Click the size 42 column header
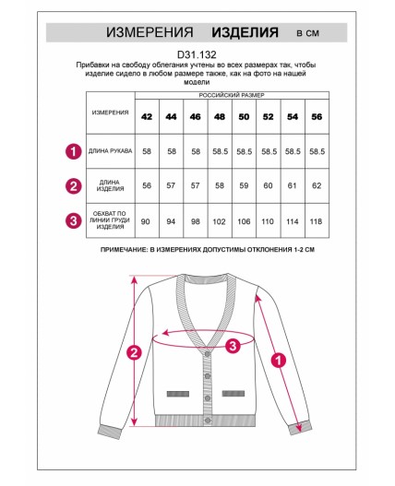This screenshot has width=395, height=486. point(147,117)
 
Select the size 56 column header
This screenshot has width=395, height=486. point(317,117)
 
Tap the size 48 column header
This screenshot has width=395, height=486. point(220,117)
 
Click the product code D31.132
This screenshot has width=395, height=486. point(197,54)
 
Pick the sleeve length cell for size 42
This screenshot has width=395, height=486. point(147,151)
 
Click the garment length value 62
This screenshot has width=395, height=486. point(317,185)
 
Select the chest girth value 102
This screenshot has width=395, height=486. point(219,221)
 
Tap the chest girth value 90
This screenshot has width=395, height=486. point(146,221)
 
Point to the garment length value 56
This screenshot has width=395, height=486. point(147,185)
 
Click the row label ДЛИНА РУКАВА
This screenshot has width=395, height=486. point(111,151)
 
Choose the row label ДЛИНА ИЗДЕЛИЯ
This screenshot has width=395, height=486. point(110,185)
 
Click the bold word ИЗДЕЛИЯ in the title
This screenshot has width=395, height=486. point(245,32)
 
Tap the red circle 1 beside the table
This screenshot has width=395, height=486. point(74,151)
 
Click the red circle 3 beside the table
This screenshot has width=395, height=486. point(74,220)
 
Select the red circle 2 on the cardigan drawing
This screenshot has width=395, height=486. point(134,352)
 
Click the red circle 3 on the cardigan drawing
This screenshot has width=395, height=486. point(233,345)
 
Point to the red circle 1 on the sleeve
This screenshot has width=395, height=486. point(279,361)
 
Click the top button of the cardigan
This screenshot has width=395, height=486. point(208,353)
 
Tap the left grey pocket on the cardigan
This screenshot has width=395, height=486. point(178,394)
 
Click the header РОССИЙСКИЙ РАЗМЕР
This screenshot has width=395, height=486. point(232,95)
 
